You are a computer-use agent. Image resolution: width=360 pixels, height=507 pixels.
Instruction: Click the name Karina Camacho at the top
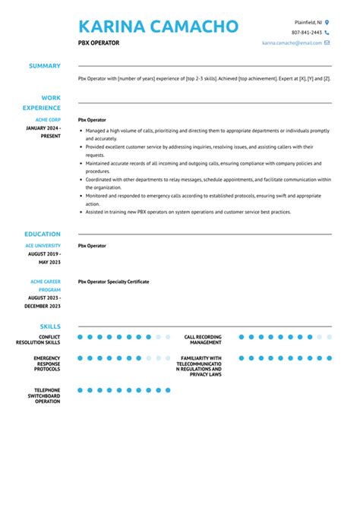point(158,27)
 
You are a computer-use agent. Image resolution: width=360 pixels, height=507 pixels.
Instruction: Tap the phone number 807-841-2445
point(307,33)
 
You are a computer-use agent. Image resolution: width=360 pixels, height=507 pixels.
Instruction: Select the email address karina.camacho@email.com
point(292,43)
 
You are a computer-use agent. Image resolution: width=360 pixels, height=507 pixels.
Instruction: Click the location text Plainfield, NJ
point(308,23)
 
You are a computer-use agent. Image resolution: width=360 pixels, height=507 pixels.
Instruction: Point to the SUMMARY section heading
point(45,66)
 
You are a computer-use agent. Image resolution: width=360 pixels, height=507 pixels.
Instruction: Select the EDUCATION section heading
point(43,235)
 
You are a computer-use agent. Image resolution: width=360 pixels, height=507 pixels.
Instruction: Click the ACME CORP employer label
point(48,120)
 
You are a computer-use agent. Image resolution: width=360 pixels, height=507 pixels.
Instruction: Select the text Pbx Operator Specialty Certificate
point(113,282)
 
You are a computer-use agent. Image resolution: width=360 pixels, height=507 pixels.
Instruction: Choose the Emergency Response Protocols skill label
point(46,364)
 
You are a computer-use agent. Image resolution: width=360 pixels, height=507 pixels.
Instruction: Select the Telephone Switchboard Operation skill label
point(43,395)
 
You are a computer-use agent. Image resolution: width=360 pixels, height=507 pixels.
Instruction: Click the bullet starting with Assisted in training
point(186,213)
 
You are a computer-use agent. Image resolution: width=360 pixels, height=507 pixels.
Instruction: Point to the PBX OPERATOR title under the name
point(99,43)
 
